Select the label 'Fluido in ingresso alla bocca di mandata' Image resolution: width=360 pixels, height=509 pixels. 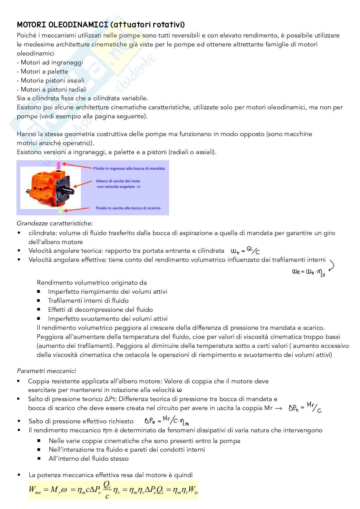click(x=129, y=169)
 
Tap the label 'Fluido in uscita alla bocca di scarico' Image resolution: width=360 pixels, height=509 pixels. click(x=128, y=208)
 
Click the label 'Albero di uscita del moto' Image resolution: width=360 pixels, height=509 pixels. click(x=118, y=181)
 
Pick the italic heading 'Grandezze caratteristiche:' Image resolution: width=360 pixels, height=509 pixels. click(x=55, y=223)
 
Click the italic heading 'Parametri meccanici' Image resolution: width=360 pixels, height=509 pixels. click(x=46, y=371)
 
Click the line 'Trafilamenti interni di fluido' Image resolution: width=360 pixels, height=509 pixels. click(x=88, y=301)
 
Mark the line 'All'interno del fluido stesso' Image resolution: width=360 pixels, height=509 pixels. click(x=88, y=459)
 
